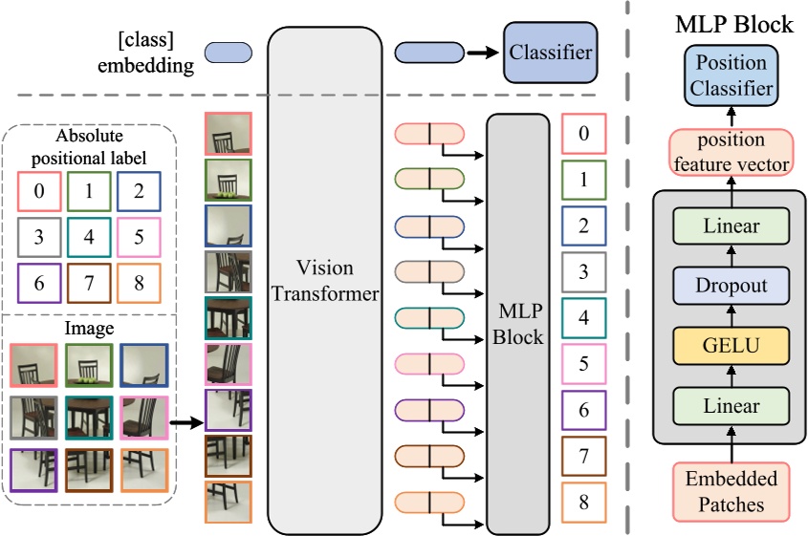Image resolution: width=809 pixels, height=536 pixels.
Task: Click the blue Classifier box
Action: pyautogui.click(x=549, y=53)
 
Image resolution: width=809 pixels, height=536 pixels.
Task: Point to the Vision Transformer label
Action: pyautogui.click(x=324, y=281)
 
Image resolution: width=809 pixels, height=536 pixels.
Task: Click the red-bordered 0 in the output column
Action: pyautogui.click(x=584, y=135)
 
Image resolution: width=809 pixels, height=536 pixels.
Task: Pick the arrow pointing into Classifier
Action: pyautogui.click(x=485, y=53)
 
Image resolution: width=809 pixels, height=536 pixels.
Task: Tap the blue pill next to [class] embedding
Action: pyautogui.click(x=229, y=53)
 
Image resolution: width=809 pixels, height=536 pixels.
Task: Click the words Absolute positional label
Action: pyautogui.click(x=89, y=144)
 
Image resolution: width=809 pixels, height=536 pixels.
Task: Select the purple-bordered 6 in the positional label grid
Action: pyautogui.click(x=39, y=283)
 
